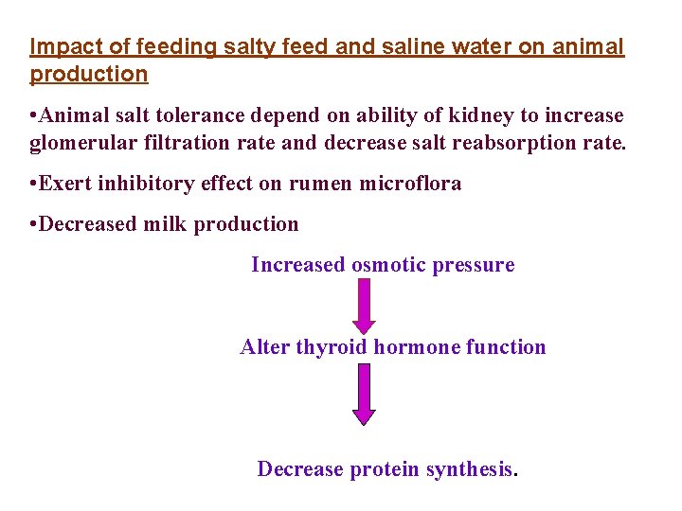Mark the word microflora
tap(410, 184)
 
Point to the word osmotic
tap(388, 265)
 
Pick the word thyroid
tap(332, 347)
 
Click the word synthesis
tap(471, 469)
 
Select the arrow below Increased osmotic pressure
tap(364, 306)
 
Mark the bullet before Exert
tap(34, 184)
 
